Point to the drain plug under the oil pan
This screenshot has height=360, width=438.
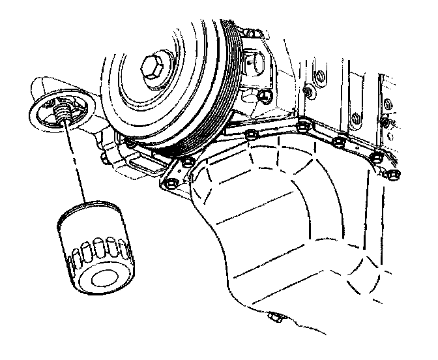274,319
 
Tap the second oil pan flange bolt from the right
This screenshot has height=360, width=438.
376,157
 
